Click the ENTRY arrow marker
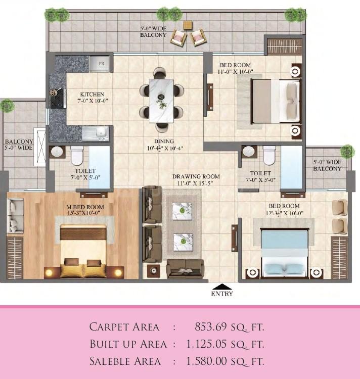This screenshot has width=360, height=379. click(222, 286)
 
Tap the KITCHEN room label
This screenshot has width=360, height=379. click(92, 94)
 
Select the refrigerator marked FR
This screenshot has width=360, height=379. click(101, 64)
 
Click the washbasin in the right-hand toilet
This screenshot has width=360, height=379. click(248, 152)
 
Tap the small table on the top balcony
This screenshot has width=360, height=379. click(188, 25)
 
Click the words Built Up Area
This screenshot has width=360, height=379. click(128, 344)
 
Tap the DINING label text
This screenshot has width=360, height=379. click(164, 141)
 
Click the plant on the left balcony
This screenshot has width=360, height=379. click(7, 106)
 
